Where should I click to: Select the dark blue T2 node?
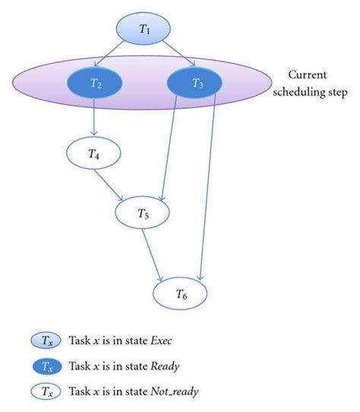point(96,84)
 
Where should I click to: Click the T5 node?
point(144,214)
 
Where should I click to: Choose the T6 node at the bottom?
point(181,293)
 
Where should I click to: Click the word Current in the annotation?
point(306,75)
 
